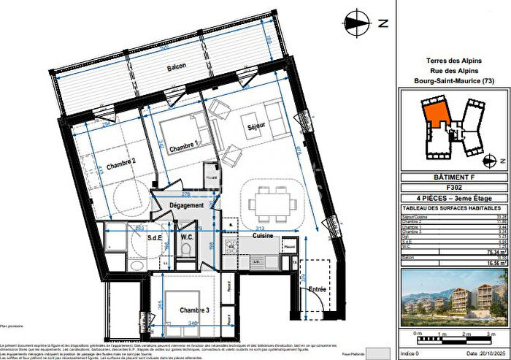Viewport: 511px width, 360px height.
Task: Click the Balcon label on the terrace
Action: (175, 66)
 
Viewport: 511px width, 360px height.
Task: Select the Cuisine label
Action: (263, 236)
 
